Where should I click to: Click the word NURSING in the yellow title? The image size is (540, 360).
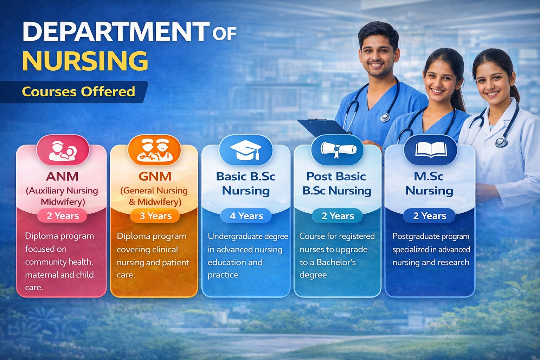click(85, 61)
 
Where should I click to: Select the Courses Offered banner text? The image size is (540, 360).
click(78, 92)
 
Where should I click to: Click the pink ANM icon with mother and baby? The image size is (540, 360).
click(63, 150)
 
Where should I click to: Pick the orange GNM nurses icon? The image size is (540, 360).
click(154, 150)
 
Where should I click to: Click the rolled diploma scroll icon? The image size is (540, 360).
click(337, 149)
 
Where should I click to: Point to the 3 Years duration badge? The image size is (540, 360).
click(155, 216)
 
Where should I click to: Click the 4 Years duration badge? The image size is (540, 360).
click(246, 216)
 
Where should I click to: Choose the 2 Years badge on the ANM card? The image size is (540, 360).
click(63, 216)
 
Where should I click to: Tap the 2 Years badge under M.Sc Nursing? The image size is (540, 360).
click(429, 216)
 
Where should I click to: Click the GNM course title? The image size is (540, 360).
click(155, 176)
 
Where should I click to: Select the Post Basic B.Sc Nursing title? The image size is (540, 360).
click(337, 184)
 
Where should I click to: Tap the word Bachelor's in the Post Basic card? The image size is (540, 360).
click(336, 262)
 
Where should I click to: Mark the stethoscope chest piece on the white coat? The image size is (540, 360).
click(501, 142)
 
